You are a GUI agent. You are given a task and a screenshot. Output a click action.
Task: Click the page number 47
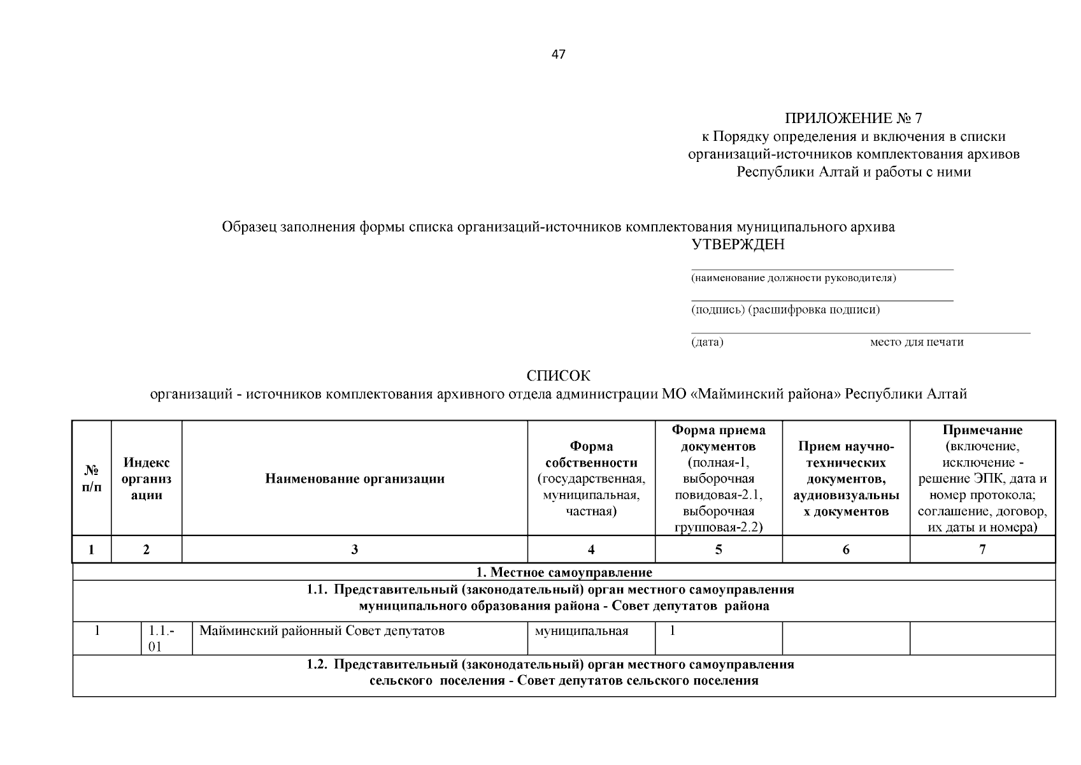click(558, 54)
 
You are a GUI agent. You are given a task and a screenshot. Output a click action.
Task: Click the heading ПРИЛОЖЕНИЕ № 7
click(853, 119)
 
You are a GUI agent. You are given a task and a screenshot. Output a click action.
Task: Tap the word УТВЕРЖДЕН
click(738, 245)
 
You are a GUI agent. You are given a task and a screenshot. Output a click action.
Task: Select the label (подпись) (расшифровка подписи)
click(785, 310)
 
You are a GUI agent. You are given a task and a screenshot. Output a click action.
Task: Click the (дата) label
click(707, 342)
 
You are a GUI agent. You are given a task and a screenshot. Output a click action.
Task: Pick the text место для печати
click(916, 342)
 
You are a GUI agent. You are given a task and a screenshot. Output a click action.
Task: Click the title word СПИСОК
click(558, 376)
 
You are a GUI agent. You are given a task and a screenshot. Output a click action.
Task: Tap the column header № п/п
click(92, 478)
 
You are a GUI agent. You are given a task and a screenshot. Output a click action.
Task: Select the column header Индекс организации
click(147, 478)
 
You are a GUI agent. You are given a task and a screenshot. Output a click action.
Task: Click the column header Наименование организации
click(355, 479)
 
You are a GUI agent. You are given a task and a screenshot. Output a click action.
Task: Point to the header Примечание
click(982, 430)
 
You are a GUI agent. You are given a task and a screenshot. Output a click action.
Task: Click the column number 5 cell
click(719, 550)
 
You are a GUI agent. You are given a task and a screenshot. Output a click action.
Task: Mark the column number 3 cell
click(355, 550)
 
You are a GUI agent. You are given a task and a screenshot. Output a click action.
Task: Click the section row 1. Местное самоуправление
click(564, 572)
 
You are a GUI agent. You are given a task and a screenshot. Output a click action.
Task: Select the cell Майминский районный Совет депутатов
click(322, 631)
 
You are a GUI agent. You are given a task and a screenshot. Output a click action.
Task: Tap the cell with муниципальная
click(582, 631)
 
